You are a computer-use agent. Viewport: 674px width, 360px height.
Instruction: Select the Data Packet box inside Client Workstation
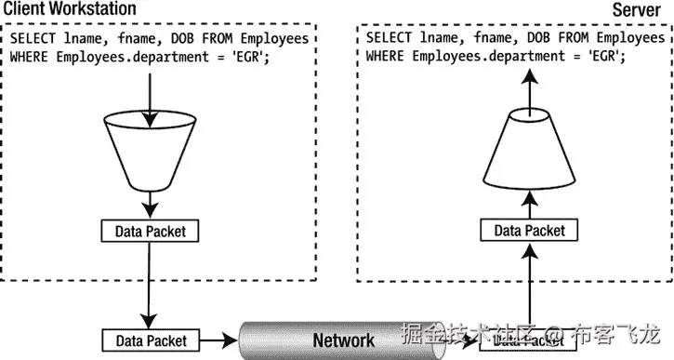(149, 230)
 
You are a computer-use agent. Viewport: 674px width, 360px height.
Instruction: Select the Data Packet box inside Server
(528, 230)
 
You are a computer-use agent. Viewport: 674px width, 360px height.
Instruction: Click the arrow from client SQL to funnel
(149, 88)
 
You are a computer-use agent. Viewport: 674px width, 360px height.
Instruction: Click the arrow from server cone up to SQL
(527, 88)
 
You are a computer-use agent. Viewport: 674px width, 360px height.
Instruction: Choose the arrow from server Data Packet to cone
(527, 202)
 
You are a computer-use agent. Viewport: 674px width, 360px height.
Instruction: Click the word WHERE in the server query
(386, 56)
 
